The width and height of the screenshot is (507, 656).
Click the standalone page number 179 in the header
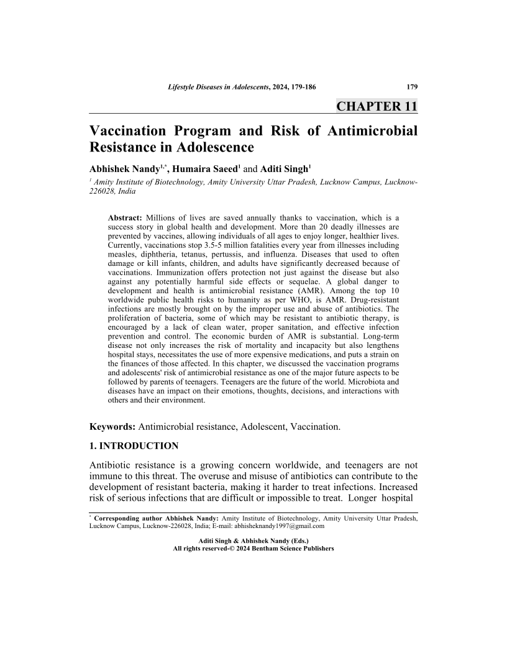[x=411, y=86]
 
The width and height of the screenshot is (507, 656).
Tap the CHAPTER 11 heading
[x=377, y=106]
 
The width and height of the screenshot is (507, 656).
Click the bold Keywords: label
[x=112, y=427]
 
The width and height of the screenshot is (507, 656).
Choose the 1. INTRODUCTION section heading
[x=134, y=446]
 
